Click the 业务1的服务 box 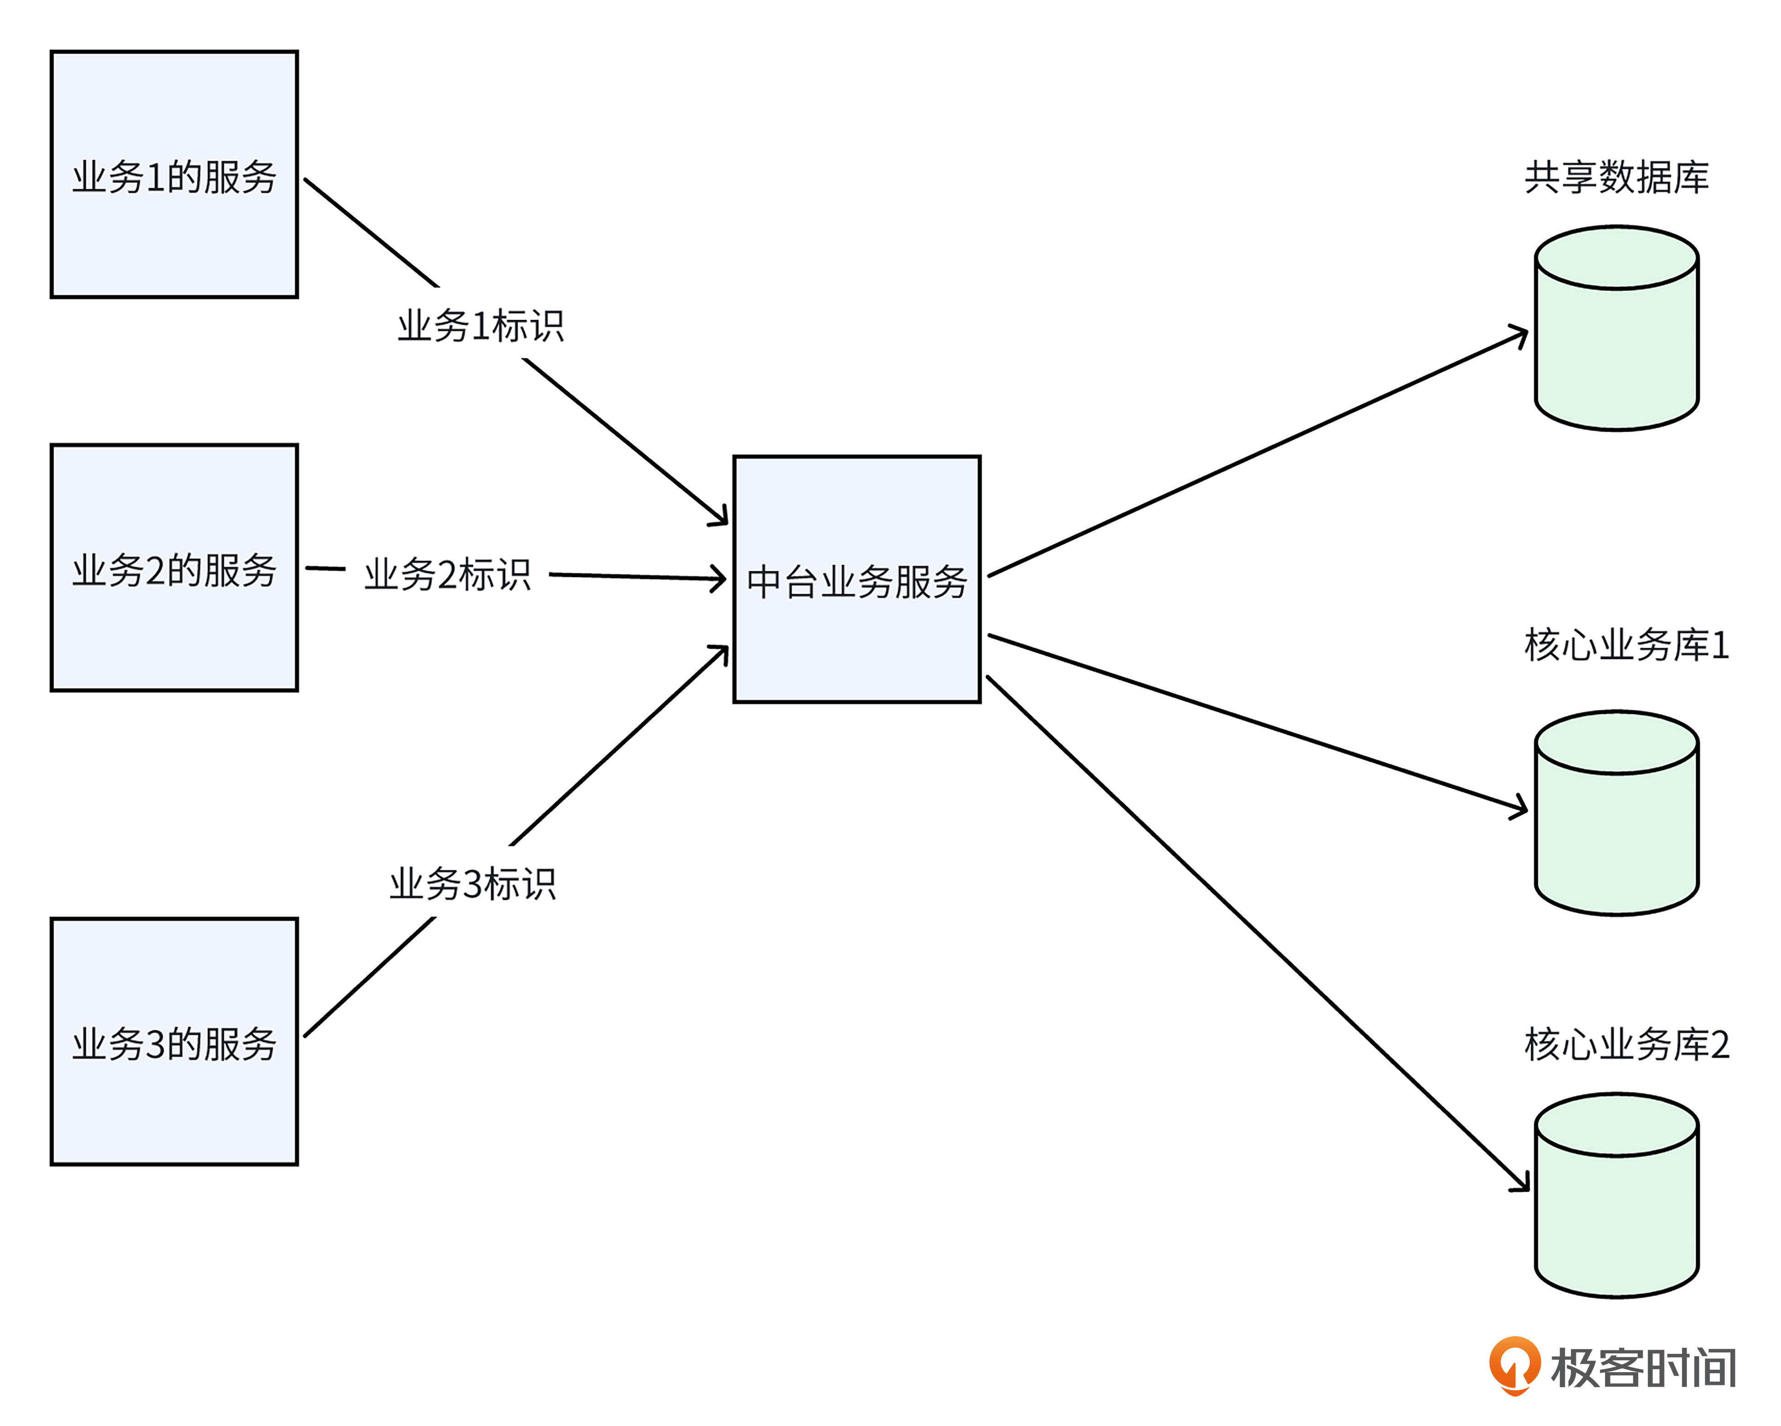coord(174,174)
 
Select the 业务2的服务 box coord(174,568)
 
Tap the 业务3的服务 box coord(174,1042)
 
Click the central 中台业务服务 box coord(857,579)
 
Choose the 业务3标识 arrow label coord(473,883)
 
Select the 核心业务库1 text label coord(1626,644)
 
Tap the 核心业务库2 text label coord(1626,1044)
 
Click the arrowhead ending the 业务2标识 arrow coord(720,578)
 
